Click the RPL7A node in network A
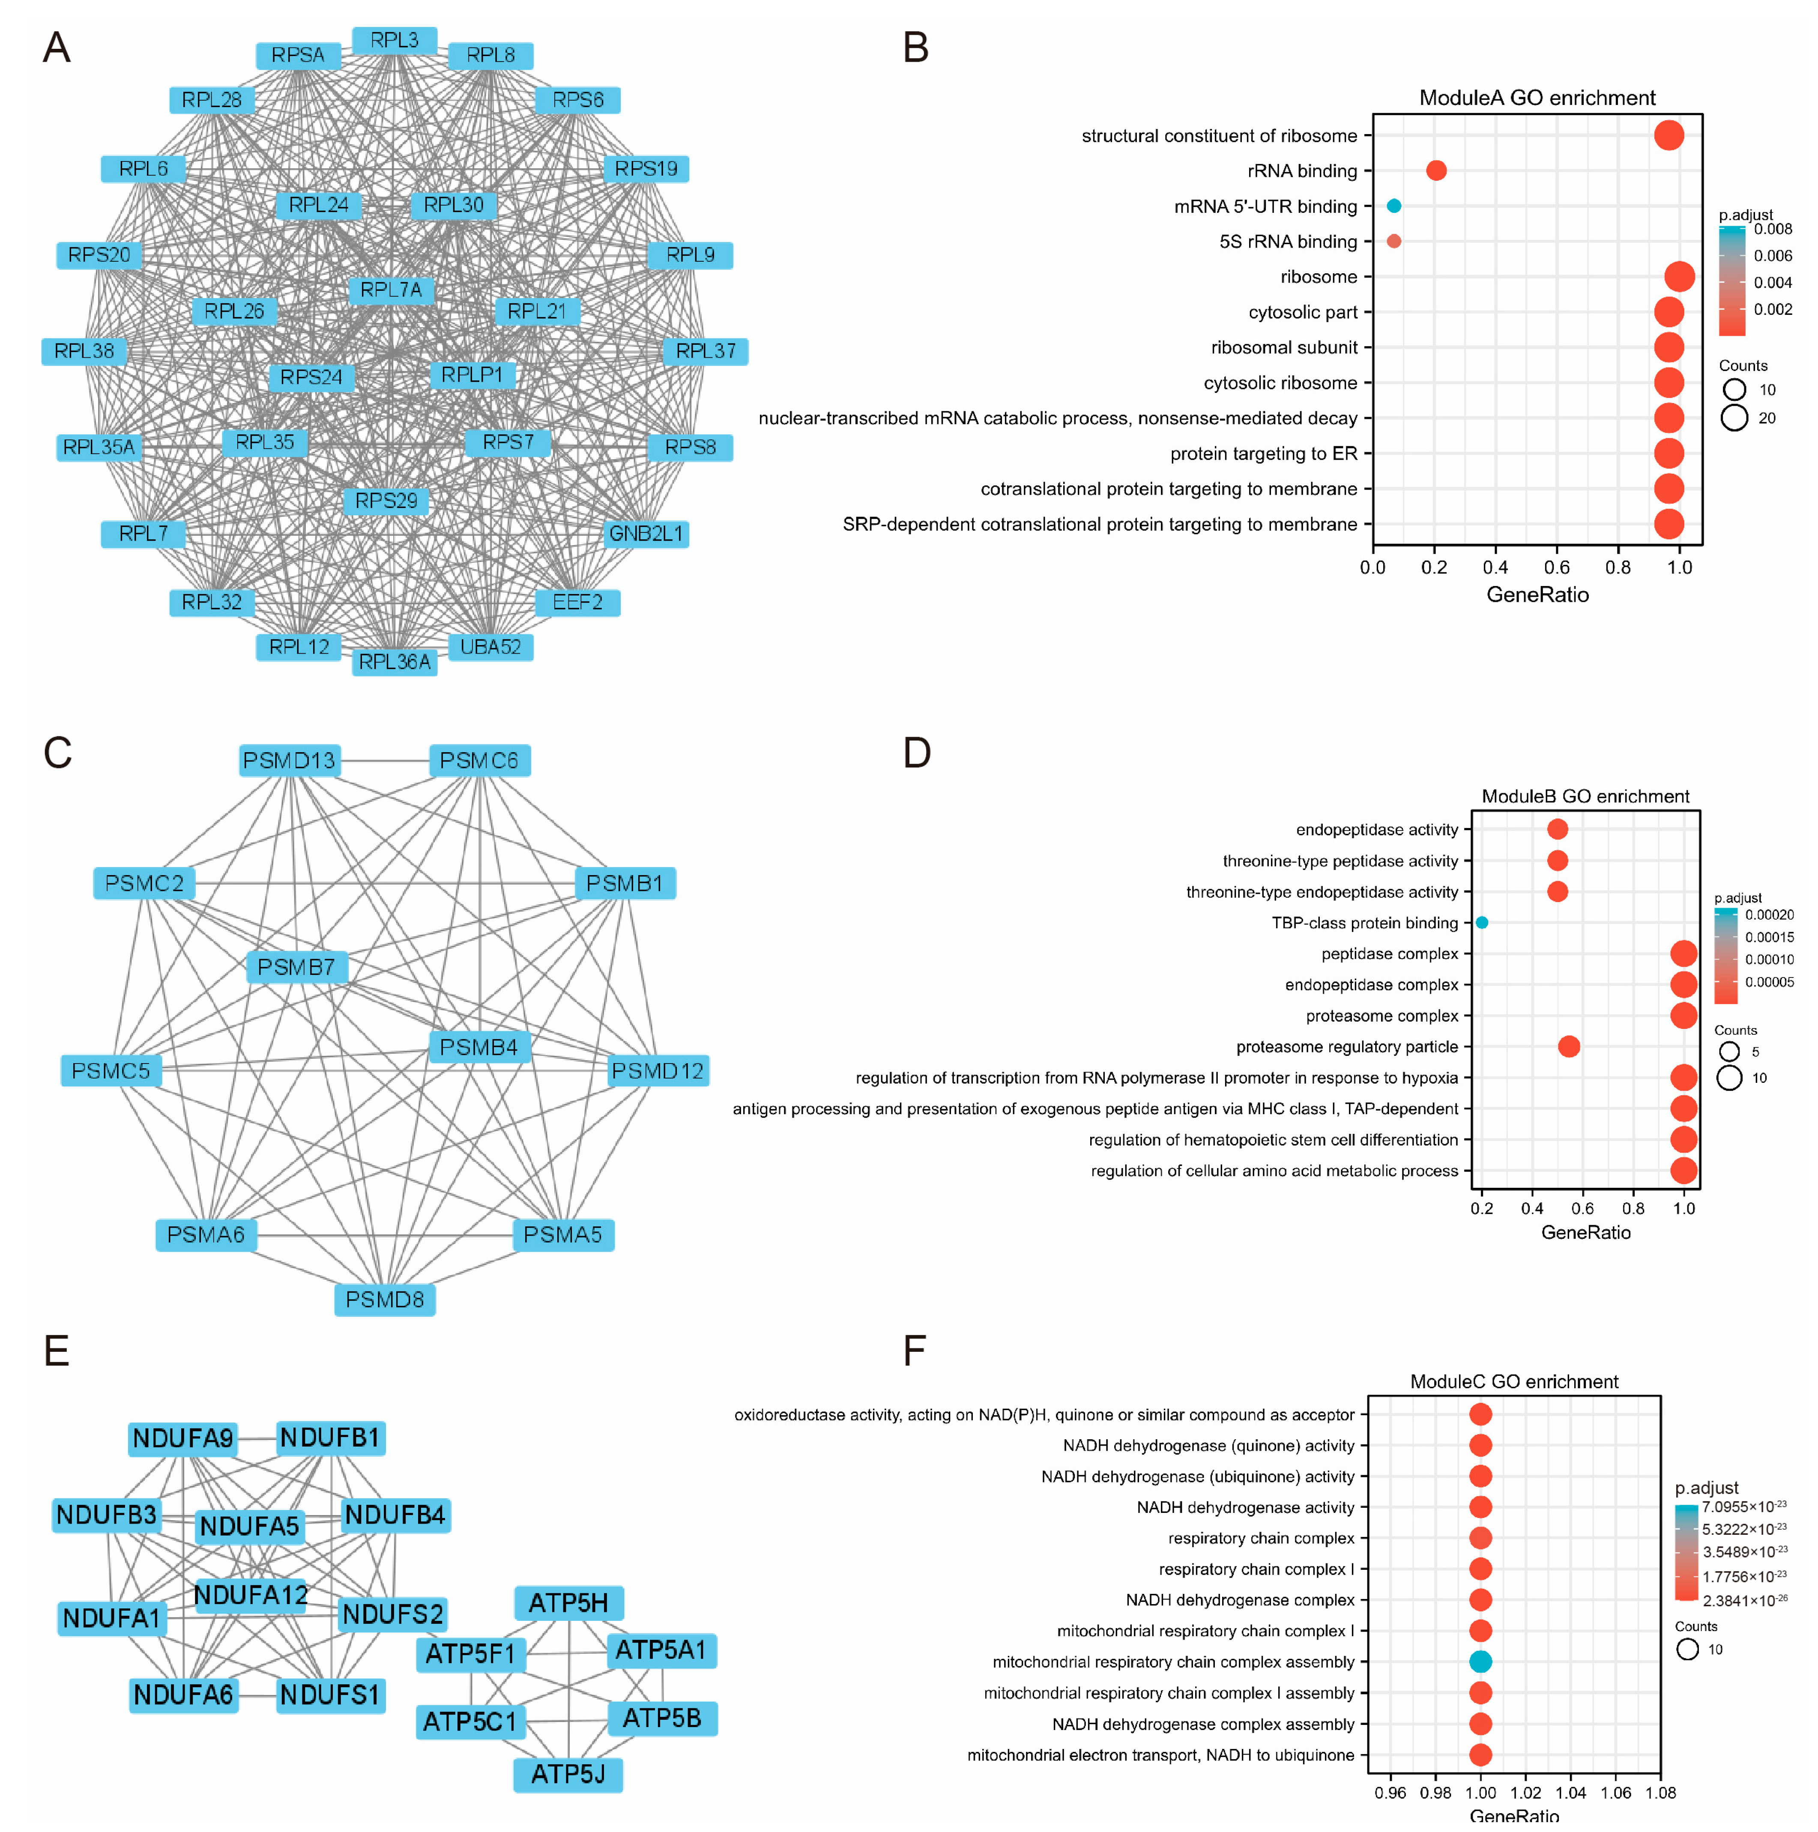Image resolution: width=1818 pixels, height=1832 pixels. point(391,290)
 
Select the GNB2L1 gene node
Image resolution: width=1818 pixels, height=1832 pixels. point(646,534)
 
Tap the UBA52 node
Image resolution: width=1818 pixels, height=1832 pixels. point(490,647)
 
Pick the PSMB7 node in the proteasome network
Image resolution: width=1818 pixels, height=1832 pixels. point(296,967)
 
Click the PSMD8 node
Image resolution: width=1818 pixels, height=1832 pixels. point(384,1299)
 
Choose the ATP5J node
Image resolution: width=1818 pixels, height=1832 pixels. point(568,1774)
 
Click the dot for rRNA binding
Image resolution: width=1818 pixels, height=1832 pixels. point(1436,170)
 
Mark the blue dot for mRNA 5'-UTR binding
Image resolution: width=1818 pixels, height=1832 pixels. point(1393,206)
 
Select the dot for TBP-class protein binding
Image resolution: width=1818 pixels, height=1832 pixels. point(1481,923)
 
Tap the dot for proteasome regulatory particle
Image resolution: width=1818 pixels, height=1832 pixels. point(1569,1047)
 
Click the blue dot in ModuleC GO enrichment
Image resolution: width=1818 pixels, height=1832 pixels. point(1480,1662)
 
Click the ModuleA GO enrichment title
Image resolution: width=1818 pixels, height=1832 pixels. point(1536,98)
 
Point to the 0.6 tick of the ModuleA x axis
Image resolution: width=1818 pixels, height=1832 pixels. point(1556,567)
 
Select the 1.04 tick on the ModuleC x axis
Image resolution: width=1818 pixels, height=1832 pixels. point(1570,1792)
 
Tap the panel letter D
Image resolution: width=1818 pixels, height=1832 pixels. point(916,753)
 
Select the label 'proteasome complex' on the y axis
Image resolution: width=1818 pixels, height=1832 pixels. point(1382,1016)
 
